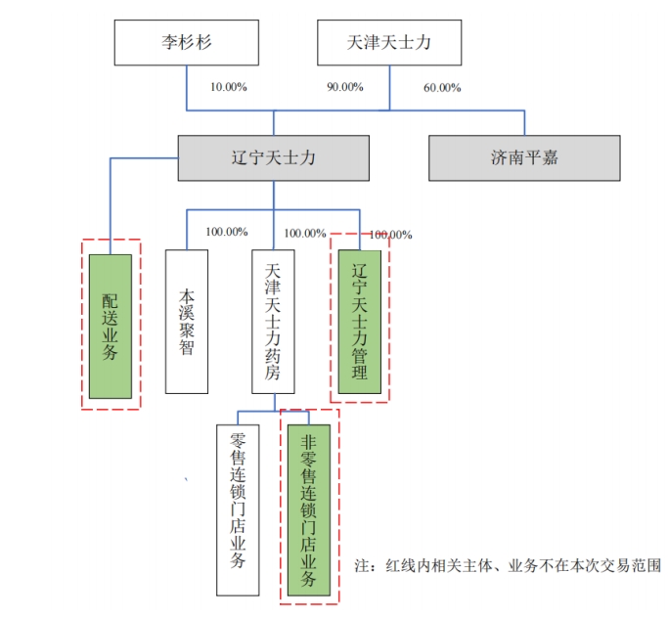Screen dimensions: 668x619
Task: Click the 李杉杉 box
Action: coord(186,43)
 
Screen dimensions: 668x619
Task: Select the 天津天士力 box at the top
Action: coord(389,43)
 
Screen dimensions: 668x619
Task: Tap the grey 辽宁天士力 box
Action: coord(274,158)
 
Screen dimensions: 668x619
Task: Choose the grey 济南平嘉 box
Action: coord(524,158)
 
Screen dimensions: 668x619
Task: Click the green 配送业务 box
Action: coord(111,327)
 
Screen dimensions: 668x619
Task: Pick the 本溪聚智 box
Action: coord(187,322)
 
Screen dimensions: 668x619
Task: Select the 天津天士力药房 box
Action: coord(273,322)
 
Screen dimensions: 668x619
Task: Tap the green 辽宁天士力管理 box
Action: coord(360,322)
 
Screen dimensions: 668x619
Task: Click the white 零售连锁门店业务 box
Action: coord(238,509)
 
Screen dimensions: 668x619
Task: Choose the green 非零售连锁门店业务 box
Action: coord(309,509)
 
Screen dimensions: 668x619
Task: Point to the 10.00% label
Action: coord(229,87)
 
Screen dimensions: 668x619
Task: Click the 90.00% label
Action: coord(345,87)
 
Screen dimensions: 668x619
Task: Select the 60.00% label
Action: coord(442,88)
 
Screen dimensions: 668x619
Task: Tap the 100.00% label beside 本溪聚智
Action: coord(227,232)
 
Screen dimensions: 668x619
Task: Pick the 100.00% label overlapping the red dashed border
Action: coord(390,235)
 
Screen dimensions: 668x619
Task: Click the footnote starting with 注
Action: coord(508,566)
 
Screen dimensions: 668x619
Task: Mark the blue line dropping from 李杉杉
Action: coord(186,88)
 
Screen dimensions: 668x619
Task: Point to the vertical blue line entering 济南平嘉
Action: coord(524,123)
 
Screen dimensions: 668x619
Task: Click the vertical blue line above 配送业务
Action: coord(111,206)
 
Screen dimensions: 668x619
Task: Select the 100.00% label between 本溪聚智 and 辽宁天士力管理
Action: coord(305,233)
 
